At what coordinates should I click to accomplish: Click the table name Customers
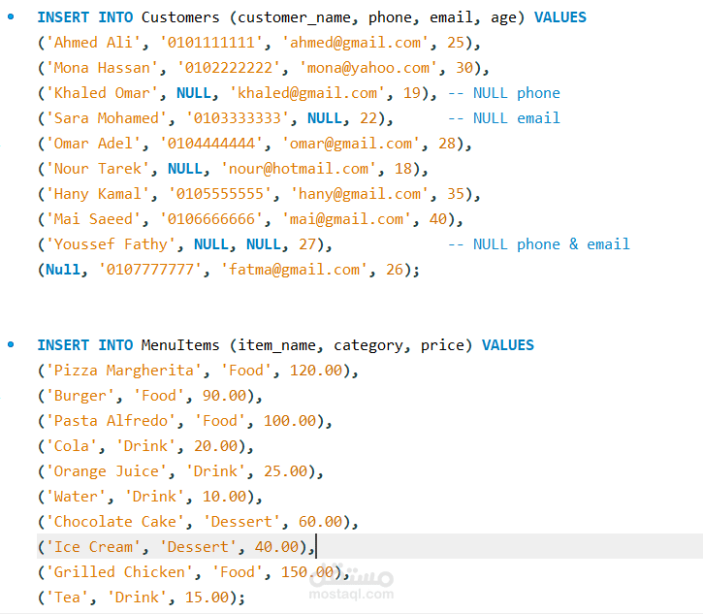click(180, 17)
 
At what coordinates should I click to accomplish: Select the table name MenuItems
click(180, 345)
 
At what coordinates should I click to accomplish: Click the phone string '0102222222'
click(229, 68)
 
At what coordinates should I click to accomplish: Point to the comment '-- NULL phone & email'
click(539, 244)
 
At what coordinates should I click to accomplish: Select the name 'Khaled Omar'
click(102, 93)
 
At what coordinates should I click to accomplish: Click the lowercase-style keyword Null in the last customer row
click(63, 270)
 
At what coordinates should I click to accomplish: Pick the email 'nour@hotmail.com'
click(299, 169)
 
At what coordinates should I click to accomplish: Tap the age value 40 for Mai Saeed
click(438, 219)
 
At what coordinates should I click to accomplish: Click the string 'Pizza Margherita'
click(124, 371)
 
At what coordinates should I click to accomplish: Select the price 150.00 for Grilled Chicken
click(307, 572)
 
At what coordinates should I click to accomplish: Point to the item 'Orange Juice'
click(107, 471)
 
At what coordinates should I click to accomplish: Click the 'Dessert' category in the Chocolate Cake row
click(241, 522)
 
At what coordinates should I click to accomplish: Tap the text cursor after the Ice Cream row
click(316, 546)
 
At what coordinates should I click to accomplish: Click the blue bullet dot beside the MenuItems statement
click(11, 345)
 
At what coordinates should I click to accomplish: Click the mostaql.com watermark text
click(351, 595)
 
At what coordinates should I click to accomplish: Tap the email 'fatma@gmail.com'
click(294, 270)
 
